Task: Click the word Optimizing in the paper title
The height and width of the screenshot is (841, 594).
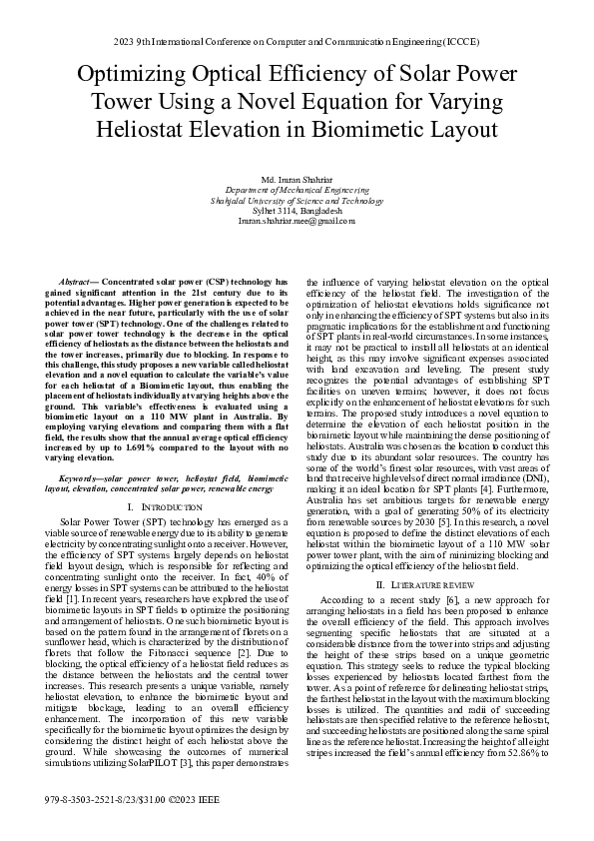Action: click(130, 76)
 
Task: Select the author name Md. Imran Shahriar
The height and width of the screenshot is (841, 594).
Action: click(297, 179)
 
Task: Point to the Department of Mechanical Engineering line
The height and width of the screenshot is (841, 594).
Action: click(297, 189)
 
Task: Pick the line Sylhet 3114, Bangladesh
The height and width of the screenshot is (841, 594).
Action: click(297, 210)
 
